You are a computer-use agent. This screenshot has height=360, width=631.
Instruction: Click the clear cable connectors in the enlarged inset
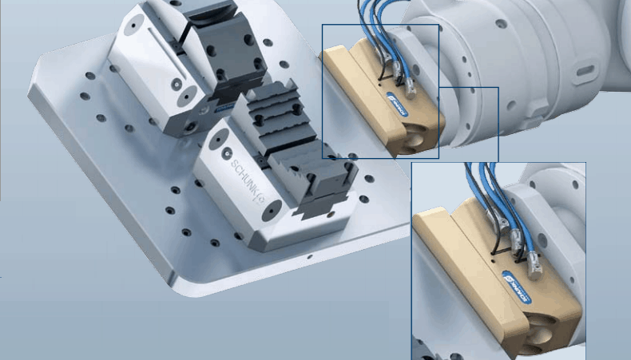click(519, 239)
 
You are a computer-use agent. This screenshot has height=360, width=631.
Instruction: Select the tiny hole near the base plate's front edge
click(308, 258)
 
